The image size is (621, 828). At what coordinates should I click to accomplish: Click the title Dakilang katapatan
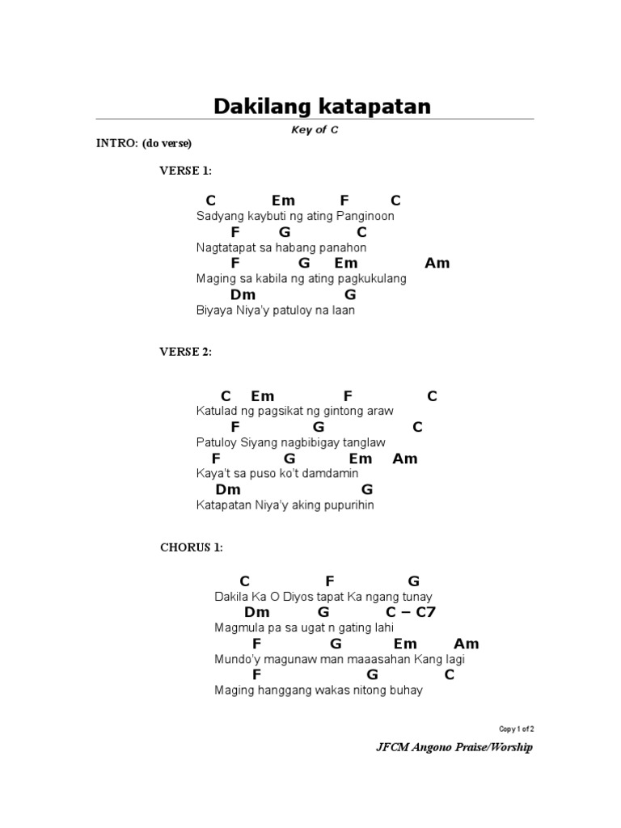[x=322, y=106]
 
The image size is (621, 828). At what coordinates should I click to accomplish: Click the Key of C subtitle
[x=315, y=130]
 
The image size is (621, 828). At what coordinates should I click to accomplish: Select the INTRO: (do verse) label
[x=144, y=144]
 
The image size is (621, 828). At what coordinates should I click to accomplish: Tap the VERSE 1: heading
[x=185, y=171]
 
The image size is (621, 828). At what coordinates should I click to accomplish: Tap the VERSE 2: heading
[x=185, y=352]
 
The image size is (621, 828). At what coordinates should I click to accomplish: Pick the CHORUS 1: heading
[x=191, y=547]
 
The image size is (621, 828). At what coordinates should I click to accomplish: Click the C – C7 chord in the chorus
[x=410, y=612]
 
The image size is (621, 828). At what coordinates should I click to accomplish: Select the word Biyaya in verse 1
[x=214, y=310]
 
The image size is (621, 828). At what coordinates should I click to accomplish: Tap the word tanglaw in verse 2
[x=366, y=443]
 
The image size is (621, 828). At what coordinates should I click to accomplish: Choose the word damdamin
[x=331, y=474]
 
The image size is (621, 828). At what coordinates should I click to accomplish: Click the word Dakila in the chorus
[x=232, y=597]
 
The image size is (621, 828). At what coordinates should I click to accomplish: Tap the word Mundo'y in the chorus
[x=236, y=660]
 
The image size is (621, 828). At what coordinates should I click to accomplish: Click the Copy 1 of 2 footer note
[x=517, y=729]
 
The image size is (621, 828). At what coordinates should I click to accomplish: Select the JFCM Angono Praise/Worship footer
[x=454, y=748]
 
